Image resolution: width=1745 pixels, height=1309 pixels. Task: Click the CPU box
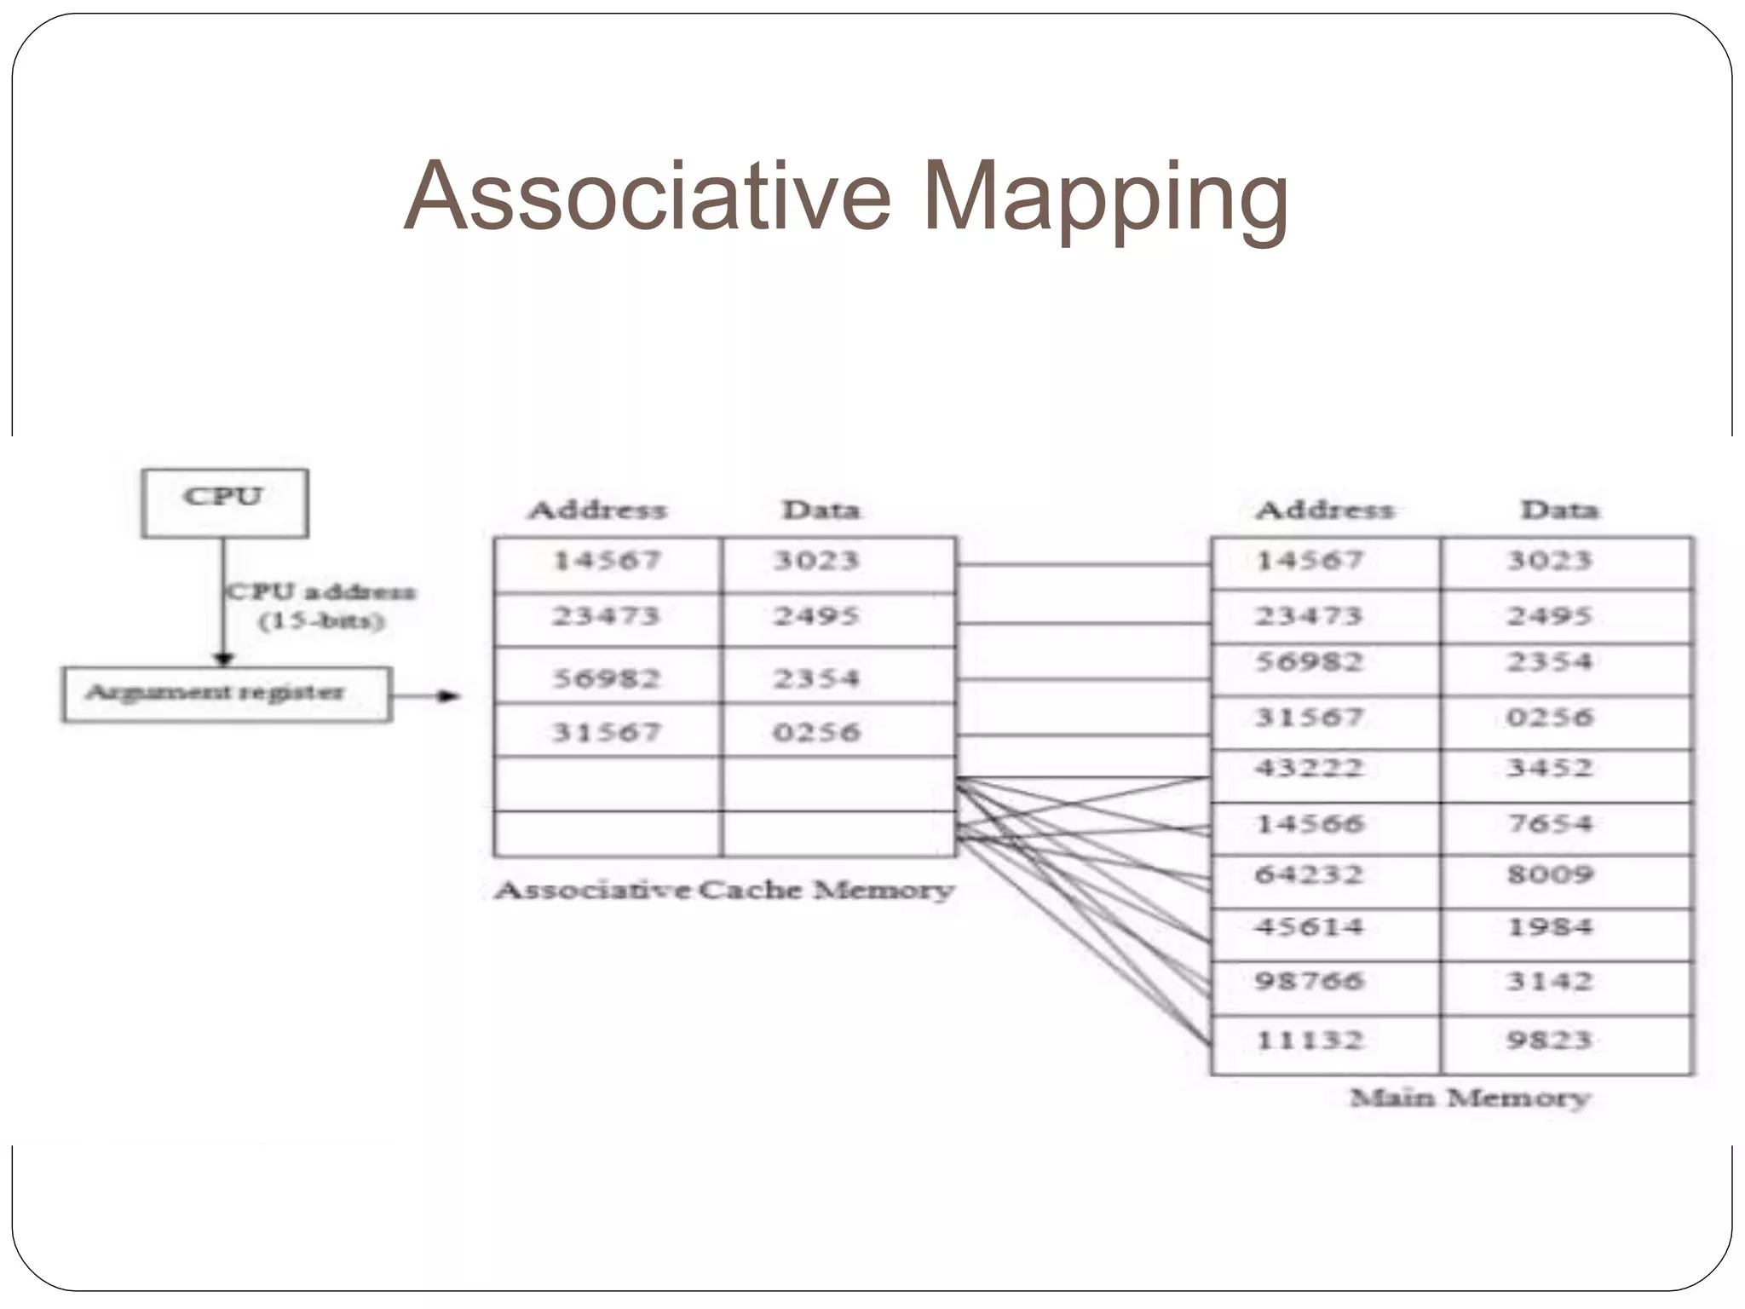224,503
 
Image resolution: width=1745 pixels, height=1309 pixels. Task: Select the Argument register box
227,694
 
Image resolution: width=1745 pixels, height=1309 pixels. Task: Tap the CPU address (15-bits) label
320,606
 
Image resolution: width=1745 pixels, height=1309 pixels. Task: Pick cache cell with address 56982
607,678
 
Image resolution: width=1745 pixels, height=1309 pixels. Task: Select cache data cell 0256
817,732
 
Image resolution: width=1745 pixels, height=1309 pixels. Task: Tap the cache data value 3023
817,560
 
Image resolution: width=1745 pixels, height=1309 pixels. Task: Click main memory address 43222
1309,769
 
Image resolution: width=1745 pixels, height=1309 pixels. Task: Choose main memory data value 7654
1549,824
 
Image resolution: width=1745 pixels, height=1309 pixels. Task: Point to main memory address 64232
1309,875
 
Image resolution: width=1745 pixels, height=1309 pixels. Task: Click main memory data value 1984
1549,927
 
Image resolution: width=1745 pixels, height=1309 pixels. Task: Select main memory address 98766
1309,981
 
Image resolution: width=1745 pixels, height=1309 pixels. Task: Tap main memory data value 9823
1549,1041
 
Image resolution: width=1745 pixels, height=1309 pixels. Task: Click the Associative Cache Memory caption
724,891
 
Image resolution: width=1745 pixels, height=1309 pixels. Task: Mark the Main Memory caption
1470,1098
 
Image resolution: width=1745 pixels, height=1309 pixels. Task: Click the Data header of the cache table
821,510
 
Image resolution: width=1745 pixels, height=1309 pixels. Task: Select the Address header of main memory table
1324,510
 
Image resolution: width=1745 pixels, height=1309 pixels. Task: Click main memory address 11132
1309,1041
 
